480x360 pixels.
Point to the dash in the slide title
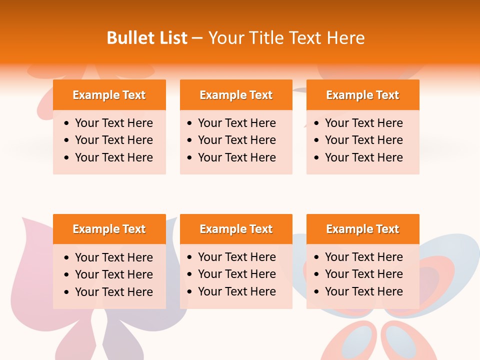click(197, 38)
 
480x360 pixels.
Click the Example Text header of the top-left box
click(109, 95)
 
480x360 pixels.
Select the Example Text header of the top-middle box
click(236, 95)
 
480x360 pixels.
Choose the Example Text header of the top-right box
click(362, 95)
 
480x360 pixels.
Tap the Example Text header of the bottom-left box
click(109, 229)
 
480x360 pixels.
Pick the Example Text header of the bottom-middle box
click(236, 229)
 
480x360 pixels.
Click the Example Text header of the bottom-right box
click(362, 229)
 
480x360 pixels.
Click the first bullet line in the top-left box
click(113, 123)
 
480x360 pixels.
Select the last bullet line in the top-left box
click(113, 157)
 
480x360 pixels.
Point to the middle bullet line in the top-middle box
click(236, 140)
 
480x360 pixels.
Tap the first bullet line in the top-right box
click(363, 123)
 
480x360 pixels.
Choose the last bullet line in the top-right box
click(363, 157)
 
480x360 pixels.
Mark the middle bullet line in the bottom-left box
click(113, 274)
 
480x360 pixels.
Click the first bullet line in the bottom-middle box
click(236, 257)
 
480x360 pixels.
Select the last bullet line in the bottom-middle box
click(236, 291)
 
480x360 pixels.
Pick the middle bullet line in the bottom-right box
click(363, 274)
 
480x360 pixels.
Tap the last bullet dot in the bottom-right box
click(317, 291)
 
